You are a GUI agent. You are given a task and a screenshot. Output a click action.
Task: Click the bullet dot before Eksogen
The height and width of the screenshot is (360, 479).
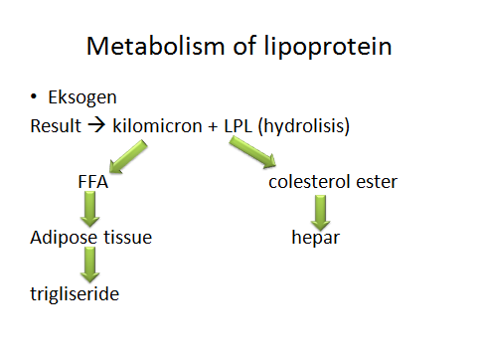34,97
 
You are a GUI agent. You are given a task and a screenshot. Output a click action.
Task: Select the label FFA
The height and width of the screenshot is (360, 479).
91,182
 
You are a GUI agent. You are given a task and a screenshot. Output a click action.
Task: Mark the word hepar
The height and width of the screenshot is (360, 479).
315,238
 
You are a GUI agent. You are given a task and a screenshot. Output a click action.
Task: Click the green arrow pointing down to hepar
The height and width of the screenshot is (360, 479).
320,211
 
